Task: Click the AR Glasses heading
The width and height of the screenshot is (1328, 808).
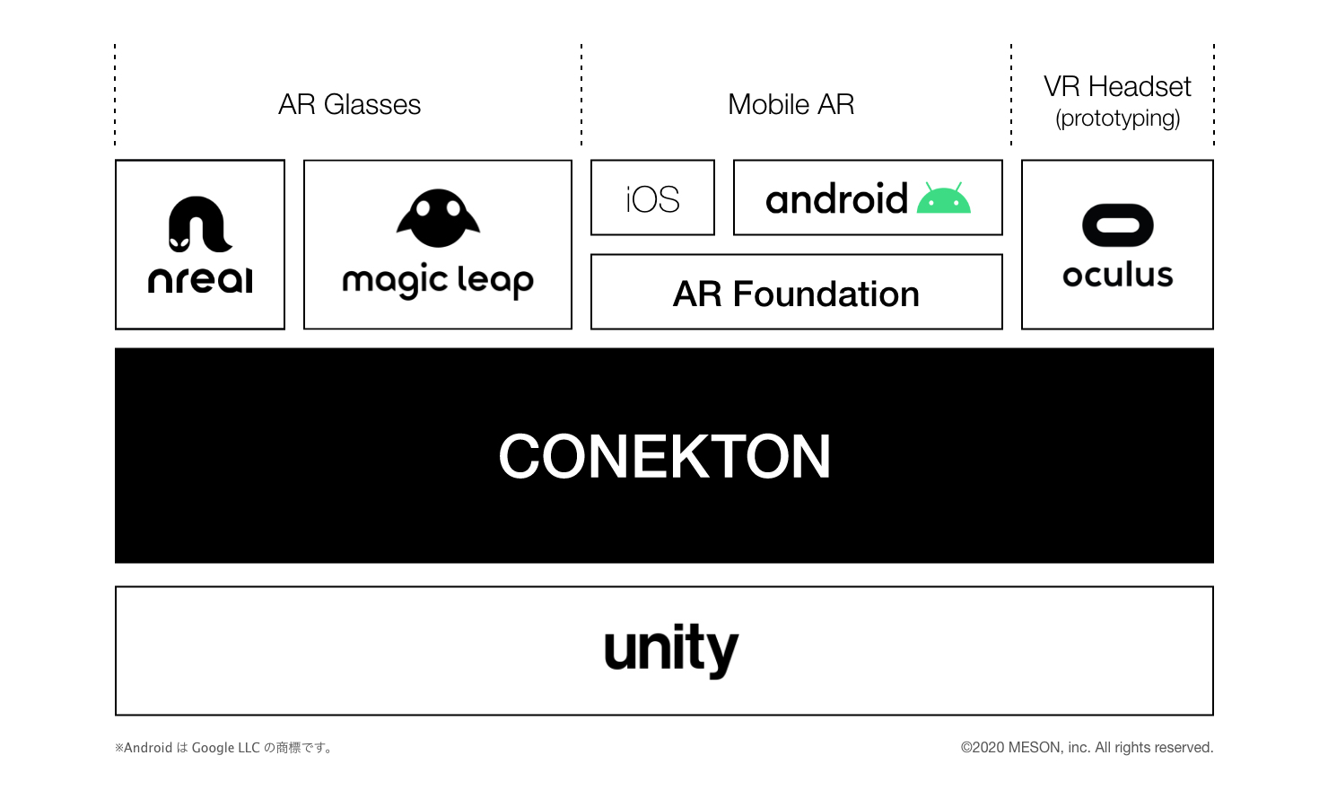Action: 349,104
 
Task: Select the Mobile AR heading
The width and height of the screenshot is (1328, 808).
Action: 791,104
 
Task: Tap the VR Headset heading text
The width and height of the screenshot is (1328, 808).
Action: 1117,87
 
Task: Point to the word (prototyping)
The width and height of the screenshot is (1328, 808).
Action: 1117,119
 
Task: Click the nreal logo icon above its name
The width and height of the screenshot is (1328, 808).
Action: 199,224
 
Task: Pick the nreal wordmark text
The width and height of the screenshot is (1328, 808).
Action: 200,279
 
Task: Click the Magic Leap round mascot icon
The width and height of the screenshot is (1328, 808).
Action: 438,218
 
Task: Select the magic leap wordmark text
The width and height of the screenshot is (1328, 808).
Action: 438,281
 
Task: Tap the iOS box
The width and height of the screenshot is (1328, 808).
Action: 652,198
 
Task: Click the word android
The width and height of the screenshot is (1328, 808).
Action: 836,199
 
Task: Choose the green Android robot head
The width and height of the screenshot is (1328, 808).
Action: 944,199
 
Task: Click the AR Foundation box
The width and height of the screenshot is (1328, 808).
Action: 796,293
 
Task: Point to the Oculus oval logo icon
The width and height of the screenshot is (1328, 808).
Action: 1117,224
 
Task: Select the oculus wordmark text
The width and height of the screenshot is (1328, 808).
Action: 1117,275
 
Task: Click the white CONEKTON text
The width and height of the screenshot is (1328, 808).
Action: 664,456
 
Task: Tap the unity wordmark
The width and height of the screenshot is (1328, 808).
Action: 671,649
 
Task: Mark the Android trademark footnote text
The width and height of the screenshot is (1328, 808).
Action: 224,748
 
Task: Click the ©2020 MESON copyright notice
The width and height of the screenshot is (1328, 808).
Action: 1087,748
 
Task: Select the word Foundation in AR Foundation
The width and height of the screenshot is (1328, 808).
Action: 826,294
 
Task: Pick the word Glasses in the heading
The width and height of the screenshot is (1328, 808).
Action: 371,104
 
